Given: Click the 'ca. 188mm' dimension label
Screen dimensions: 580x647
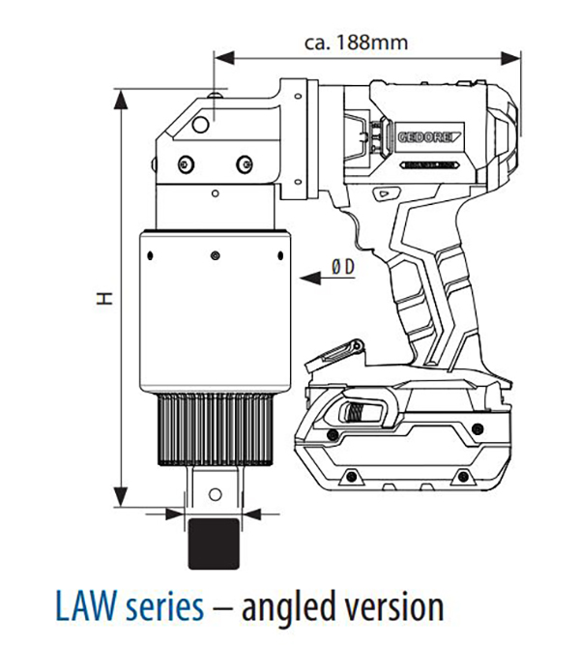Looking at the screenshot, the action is [356, 43].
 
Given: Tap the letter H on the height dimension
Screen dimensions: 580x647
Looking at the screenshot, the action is [106, 298].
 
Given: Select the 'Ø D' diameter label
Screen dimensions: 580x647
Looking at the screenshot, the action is [343, 267].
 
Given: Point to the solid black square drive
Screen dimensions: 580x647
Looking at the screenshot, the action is [214, 544].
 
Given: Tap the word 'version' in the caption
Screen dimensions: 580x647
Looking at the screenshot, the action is [395, 607].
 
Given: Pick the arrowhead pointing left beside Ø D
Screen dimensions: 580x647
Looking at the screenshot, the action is [310, 279].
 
